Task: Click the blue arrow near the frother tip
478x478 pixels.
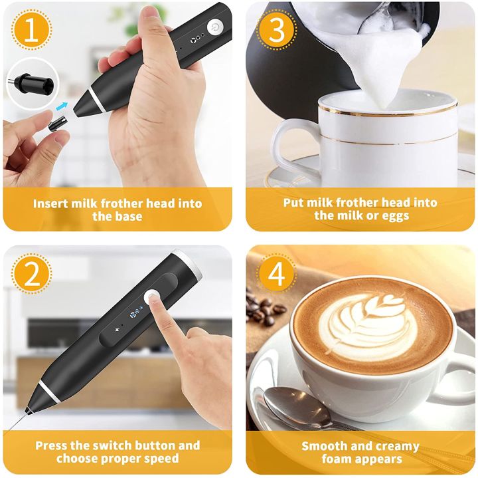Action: pyautogui.click(x=62, y=105)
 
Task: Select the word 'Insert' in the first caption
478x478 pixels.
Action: pyautogui.click(x=52, y=203)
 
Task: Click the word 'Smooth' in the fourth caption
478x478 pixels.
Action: pyautogui.click(x=323, y=445)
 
